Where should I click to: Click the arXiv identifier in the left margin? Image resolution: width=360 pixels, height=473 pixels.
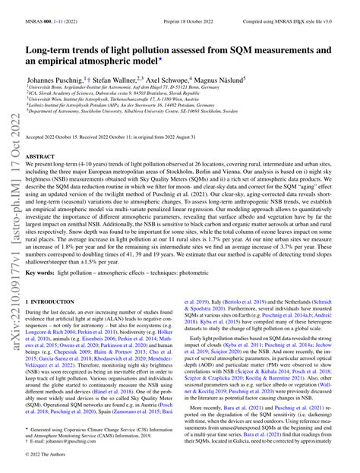click(13, 251)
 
